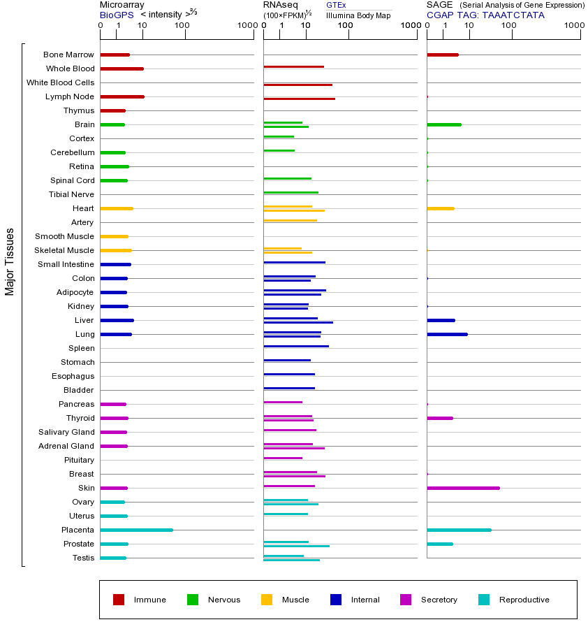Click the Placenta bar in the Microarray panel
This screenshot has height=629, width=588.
point(136,530)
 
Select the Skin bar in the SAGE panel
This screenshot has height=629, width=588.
point(463,488)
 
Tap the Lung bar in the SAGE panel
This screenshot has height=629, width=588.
point(447,334)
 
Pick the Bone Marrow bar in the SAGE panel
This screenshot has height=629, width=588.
point(442,55)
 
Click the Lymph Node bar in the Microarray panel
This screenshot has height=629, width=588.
point(122,96)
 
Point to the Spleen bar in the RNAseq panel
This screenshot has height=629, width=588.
point(296,346)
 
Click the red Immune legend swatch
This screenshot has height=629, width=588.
point(119,600)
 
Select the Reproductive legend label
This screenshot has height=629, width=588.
point(524,600)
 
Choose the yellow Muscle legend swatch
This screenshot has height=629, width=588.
point(267,600)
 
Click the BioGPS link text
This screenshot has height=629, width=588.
point(115,14)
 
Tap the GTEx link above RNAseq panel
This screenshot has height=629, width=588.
point(336,5)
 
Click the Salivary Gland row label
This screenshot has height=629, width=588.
point(66,432)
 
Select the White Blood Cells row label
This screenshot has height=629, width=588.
point(60,82)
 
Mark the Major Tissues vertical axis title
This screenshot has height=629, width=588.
point(10,261)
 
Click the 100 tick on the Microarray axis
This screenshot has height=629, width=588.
point(182,26)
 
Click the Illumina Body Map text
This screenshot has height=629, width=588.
point(358,15)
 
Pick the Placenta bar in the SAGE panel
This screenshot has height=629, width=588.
point(459,530)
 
